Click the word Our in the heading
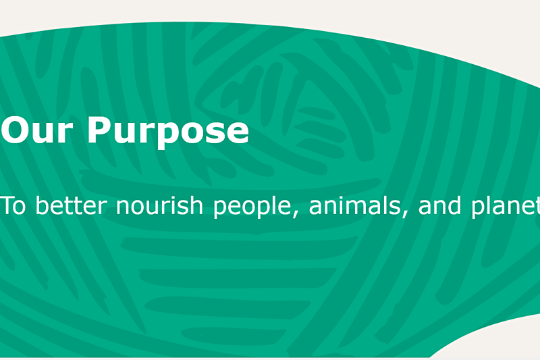(36, 130)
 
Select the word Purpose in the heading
(168, 132)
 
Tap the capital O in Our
(13, 130)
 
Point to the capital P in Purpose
(99, 130)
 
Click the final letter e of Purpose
(238, 133)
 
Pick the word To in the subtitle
(13, 205)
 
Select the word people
(252, 207)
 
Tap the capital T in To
(7, 205)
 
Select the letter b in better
(43, 205)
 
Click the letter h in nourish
(196, 205)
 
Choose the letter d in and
(454, 205)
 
